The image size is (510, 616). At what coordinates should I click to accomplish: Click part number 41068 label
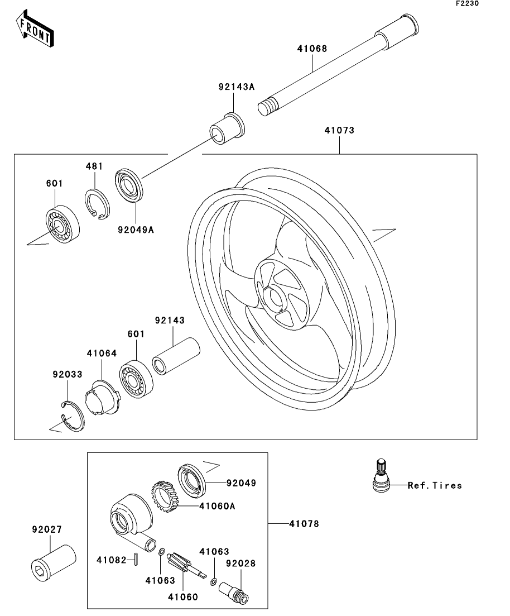click(312, 49)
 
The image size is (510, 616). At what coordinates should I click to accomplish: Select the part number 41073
click(339, 131)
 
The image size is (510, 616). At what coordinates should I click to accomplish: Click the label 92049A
click(136, 228)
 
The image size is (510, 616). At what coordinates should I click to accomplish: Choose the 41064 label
click(102, 353)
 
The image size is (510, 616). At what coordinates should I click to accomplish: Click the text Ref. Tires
click(435, 485)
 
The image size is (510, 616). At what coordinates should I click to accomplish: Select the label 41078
click(304, 524)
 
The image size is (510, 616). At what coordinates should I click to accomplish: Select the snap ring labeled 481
click(98, 204)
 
